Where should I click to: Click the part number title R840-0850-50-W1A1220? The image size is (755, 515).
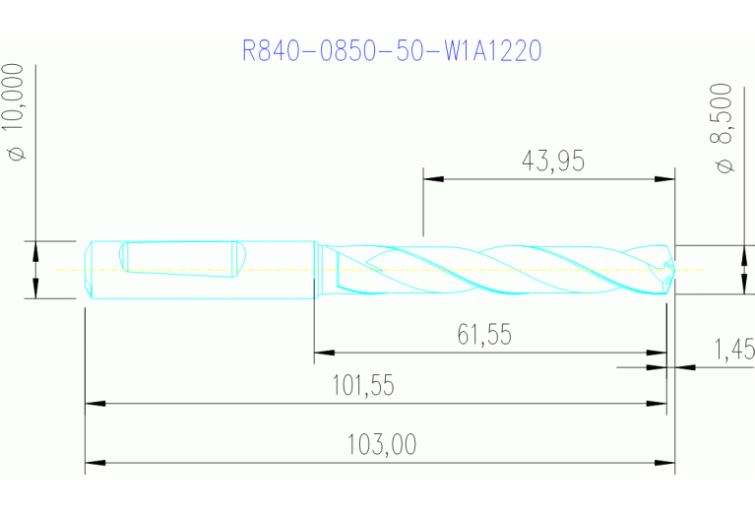click(x=392, y=50)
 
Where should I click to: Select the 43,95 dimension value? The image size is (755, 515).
click(x=550, y=161)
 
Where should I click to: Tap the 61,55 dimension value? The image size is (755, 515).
click(x=483, y=335)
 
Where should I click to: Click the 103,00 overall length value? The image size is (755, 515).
click(x=381, y=445)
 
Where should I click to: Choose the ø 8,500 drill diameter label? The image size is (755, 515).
click(x=725, y=128)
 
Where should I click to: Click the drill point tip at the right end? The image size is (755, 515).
click(x=672, y=268)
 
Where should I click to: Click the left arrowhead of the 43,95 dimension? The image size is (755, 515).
click(x=433, y=179)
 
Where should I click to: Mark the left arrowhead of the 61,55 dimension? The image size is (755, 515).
click(x=324, y=352)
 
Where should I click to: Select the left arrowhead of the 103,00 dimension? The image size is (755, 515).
click(x=94, y=462)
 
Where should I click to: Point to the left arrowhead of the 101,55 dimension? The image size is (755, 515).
click(x=94, y=402)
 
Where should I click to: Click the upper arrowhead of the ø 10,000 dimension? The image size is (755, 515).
click(x=35, y=249)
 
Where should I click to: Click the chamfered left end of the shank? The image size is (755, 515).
click(x=88, y=269)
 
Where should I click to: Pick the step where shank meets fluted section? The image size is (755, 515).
click(x=315, y=269)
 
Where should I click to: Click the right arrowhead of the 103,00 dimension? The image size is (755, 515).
click(x=665, y=462)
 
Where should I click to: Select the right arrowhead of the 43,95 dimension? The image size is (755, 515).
click(x=665, y=179)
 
